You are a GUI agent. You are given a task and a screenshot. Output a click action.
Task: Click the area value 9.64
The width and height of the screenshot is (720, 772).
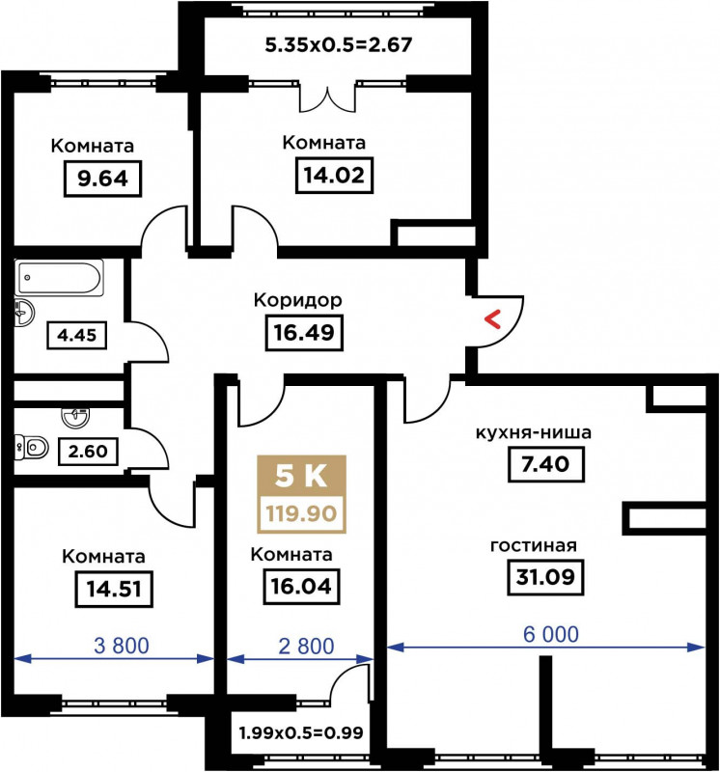pos(102,179)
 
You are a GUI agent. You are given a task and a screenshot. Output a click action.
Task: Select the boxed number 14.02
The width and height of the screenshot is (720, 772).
pos(334,176)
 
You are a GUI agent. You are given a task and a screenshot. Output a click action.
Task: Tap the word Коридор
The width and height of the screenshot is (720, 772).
pos(298,300)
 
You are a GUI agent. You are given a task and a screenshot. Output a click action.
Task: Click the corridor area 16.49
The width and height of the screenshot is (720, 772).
pos(304,333)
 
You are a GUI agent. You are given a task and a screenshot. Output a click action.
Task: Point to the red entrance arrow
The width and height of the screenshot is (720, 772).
pos(492,319)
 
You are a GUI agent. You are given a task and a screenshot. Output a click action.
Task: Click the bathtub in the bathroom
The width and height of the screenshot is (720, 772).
pos(59,278)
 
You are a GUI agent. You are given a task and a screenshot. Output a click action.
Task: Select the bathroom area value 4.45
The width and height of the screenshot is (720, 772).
pos(77,335)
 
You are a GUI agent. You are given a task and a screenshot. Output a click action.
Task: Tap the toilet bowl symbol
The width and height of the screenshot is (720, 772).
pos(33,448)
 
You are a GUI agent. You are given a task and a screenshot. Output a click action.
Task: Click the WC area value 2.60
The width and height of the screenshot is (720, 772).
pos(88,451)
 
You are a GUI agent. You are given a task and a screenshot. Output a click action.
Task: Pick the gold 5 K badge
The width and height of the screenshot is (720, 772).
pos(301,477)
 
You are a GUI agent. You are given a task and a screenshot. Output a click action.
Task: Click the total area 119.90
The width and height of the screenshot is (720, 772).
pos(301,513)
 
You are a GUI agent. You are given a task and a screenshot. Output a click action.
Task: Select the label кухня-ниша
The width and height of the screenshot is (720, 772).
pos(534,432)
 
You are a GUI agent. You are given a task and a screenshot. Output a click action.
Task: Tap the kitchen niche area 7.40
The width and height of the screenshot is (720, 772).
pos(545,464)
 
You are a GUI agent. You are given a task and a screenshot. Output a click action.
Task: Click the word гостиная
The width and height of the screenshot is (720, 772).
pos(534,545)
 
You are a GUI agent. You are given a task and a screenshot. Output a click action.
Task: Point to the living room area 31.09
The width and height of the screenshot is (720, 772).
pos(545,576)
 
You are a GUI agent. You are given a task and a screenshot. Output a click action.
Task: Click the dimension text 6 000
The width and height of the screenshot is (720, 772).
pos(550,635)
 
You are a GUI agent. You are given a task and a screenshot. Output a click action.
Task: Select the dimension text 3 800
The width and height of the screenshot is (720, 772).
pos(122,646)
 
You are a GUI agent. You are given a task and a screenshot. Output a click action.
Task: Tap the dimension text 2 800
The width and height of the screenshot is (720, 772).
pos(306,647)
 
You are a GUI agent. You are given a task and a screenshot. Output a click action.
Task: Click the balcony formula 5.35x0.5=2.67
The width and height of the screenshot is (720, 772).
pos(339,44)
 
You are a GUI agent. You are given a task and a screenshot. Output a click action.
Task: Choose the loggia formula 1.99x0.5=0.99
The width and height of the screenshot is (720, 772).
pos(301,732)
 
